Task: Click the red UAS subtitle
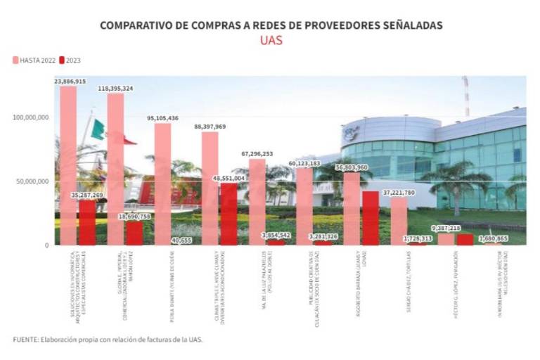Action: pyautogui.click(x=271, y=40)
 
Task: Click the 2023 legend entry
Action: pyautogui.click(x=71, y=60)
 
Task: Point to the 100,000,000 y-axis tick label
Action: pyautogui.click(x=30, y=117)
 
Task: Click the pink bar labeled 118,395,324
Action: pyautogui.click(x=115, y=169)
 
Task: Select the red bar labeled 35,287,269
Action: pyautogui.click(x=87, y=221)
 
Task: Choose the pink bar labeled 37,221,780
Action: pyautogui.click(x=399, y=221)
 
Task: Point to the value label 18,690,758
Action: pyautogui.click(x=134, y=217)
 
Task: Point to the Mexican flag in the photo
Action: pyautogui.click(x=98, y=129)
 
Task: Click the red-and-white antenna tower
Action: pyautogui.click(x=465, y=95)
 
